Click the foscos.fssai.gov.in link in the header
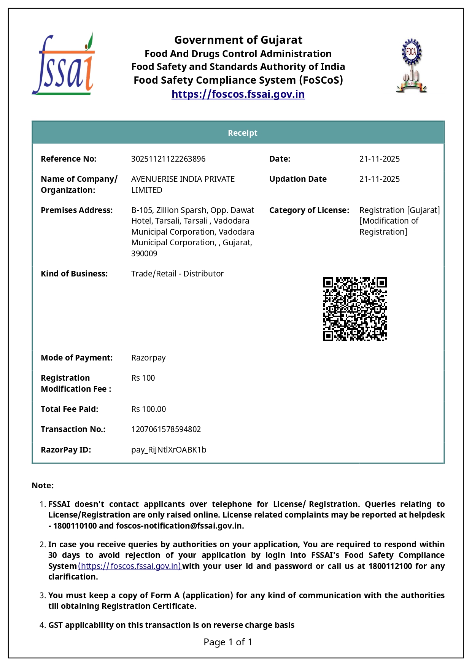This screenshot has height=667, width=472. coord(238,94)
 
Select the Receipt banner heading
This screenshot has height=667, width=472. coord(242,133)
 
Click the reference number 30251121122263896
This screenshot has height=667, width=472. coord(168,159)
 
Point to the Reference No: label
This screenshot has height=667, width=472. coord(68,159)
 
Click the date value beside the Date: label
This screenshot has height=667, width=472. coord(379,159)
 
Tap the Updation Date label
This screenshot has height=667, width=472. coord(298,179)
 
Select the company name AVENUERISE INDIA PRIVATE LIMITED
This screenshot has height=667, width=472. coord(183,184)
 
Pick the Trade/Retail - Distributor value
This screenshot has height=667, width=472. coord(177,274)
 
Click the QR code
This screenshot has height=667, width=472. coord(354,309)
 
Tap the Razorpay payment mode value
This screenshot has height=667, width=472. coord(148,358)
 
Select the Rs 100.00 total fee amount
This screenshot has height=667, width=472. coord(148,409)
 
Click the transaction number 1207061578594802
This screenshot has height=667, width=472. coord(166,429)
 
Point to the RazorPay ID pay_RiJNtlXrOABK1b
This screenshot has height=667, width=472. coord(168,450)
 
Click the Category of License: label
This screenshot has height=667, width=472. coord(309,210)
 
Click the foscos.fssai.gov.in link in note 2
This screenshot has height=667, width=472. coord(130,566)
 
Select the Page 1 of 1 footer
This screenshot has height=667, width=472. coord(228,642)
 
